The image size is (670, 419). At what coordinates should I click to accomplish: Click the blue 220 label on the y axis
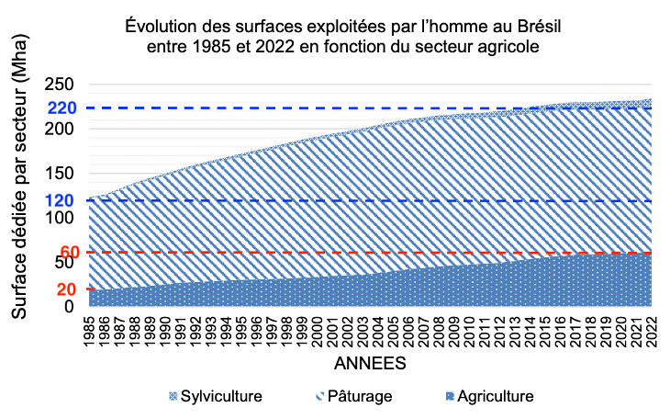pyautogui.click(x=63, y=108)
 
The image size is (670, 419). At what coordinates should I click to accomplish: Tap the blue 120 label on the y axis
pyautogui.click(x=63, y=201)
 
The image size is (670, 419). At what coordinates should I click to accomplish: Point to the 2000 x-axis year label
pyautogui.click(x=317, y=326)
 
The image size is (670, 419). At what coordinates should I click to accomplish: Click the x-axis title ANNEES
pyautogui.click(x=370, y=363)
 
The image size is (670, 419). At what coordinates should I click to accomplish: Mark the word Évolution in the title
pyautogui.click(x=157, y=23)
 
